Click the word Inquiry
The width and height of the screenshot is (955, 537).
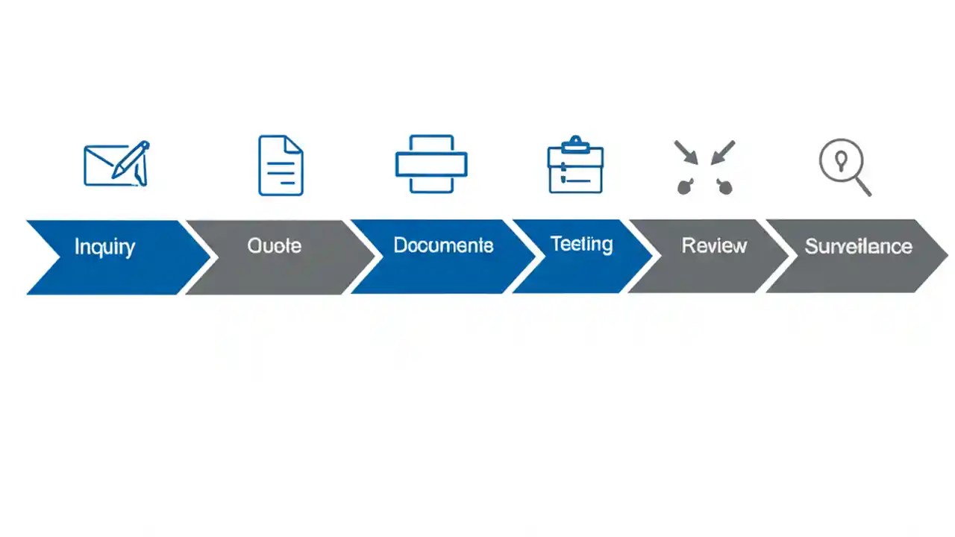(x=104, y=247)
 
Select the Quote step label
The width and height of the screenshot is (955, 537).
(x=275, y=245)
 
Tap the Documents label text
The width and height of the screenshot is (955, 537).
(x=443, y=245)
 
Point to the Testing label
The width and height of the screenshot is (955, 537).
(x=581, y=244)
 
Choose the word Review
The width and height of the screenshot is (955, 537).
(x=714, y=245)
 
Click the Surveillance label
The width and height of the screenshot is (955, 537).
(x=858, y=246)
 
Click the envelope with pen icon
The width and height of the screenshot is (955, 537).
(x=116, y=165)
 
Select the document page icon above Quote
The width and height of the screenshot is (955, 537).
(x=281, y=166)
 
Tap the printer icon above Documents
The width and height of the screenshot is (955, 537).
(x=431, y=165)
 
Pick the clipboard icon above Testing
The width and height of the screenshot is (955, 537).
(x=575, y=166)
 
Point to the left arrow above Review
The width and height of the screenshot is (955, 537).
(x=685, y=151)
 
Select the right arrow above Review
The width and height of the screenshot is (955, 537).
(x=723, y=151)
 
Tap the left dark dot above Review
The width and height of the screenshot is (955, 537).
(x=684, y=187)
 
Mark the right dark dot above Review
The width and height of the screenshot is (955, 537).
(x=724, y=187)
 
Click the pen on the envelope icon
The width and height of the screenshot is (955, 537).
(x=131, y=160)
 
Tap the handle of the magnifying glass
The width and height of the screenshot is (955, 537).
(x=862, y=186)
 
